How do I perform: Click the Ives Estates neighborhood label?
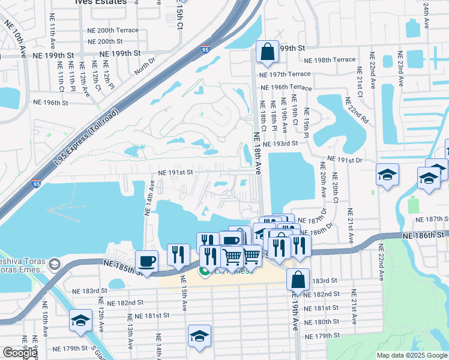(101, 2)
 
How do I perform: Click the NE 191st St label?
(175, 172)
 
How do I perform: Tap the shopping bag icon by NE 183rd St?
(298, 279)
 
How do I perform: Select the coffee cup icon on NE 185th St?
(146, 261)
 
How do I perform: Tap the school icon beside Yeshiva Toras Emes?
(55, 264)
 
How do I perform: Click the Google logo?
(20, 353)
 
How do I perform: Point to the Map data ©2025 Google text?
(411, 355)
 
